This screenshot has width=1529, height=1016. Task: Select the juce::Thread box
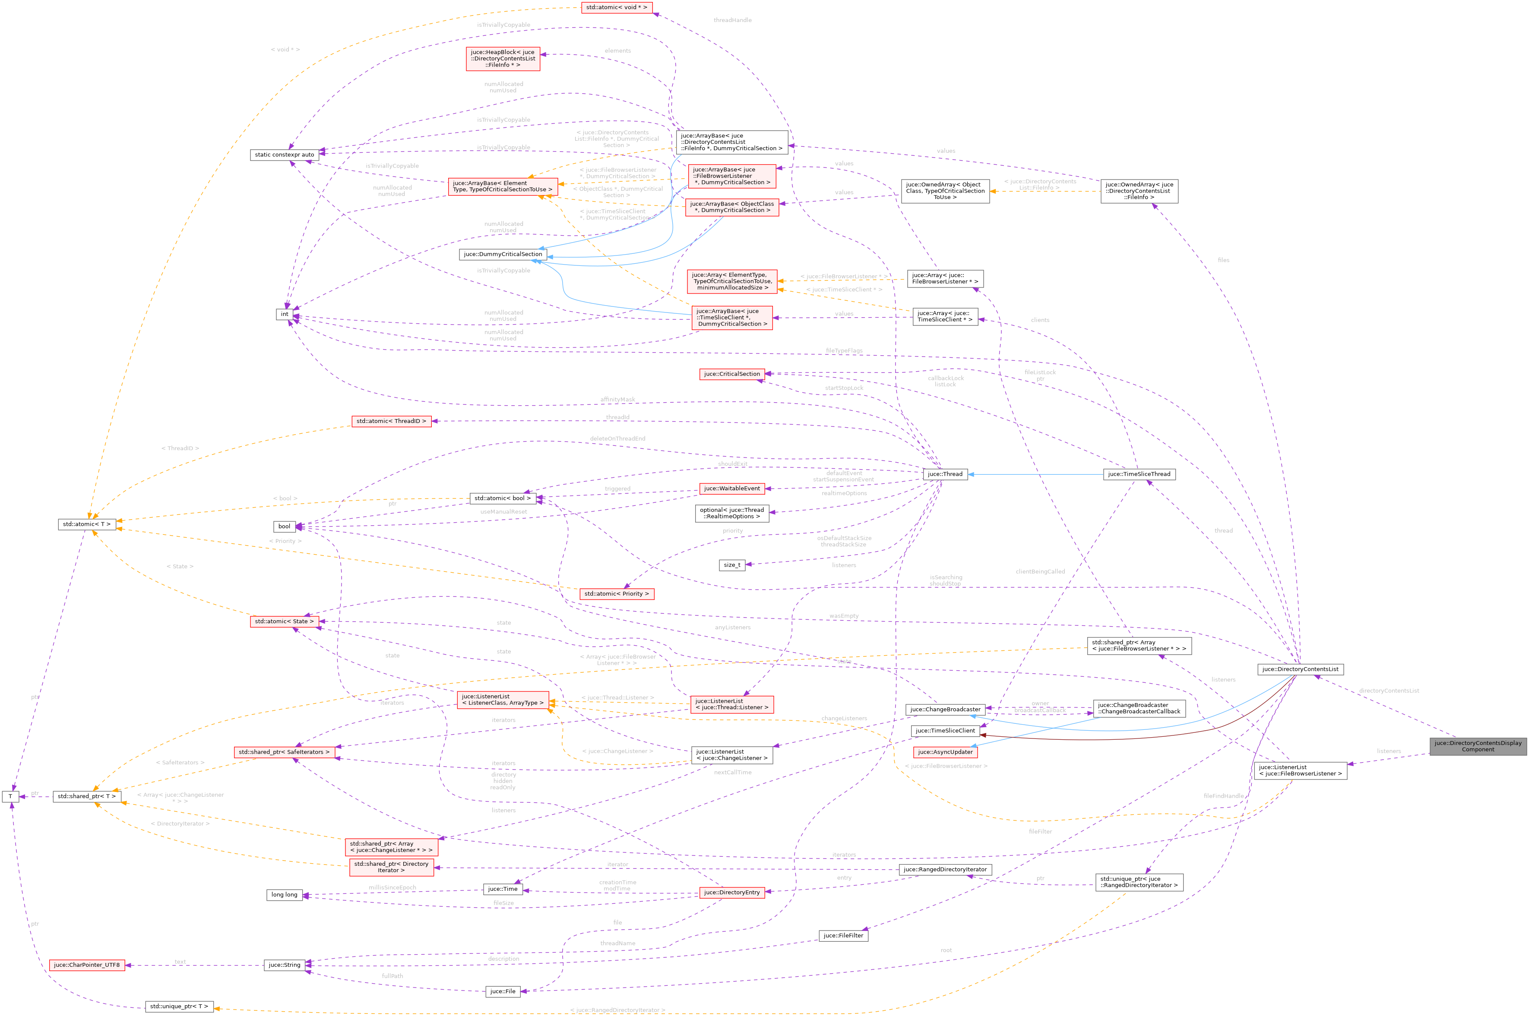(x=944, y=474)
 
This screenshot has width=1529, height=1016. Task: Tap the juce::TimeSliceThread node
(x=1139, y=474)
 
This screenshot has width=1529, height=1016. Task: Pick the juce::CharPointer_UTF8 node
(x=87, y=965)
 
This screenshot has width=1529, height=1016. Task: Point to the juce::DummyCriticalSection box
(x=502, y=254)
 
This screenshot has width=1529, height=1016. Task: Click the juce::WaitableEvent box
(x=732, y=489)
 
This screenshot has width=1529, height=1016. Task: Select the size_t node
(x=732, y=565)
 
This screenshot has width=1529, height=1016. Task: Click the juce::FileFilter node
(x=842, y=936)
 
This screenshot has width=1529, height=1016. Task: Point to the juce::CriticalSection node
(x=732, y=374)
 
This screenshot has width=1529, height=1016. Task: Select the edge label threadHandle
(x=732, y=20)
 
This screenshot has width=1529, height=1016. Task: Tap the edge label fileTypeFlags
(x=844, y=350)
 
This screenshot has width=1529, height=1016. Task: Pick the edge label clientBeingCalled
(x=1040, y=571)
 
